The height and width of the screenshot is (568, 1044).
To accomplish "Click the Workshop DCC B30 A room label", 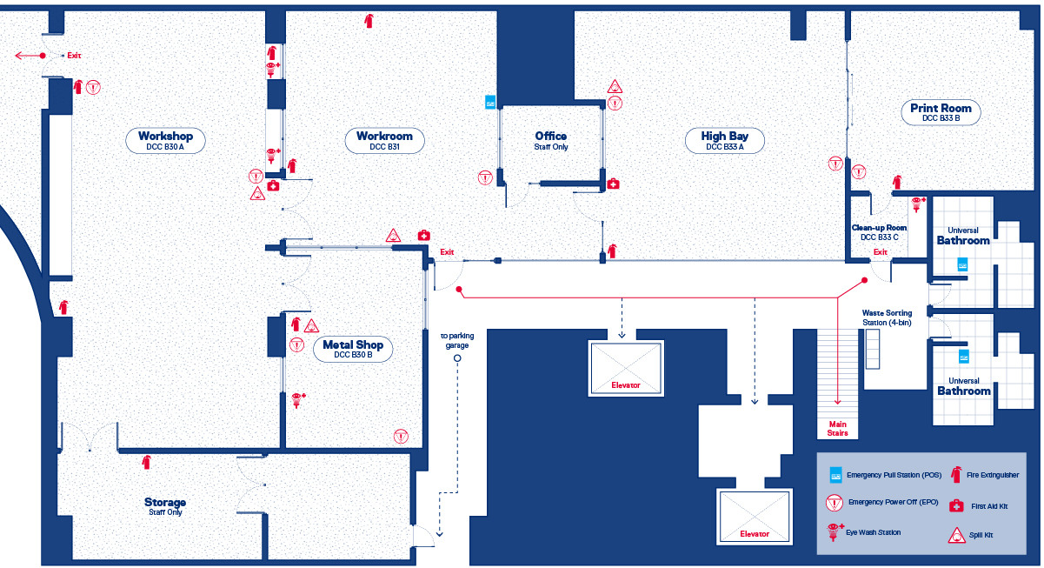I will pos(171,140).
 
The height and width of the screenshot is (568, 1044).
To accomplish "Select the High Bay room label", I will pos(725,140).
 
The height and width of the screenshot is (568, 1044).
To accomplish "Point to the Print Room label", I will pos(941,112).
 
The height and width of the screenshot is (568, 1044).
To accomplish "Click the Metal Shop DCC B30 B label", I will pos(353,349).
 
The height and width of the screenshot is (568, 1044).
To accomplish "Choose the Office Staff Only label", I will pos(550,140).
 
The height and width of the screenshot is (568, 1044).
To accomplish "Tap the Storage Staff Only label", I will pos(165,505).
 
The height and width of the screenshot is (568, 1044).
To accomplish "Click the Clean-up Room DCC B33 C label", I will pos(879,231).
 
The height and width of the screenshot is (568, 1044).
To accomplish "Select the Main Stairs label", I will pos(838,427).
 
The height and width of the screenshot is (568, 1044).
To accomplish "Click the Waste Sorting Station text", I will pos(887,317).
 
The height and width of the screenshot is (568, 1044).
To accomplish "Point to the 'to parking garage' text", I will pos(457,340).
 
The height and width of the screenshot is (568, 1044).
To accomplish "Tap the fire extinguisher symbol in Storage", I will pos(147,461).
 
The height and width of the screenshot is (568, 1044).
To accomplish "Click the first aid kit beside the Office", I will pos(613,184).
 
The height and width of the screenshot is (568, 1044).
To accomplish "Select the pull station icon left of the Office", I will pos(490,102).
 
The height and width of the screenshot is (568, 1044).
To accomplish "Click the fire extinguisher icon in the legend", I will pos(956,474).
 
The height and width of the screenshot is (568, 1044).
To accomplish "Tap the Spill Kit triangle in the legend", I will pos(956,535).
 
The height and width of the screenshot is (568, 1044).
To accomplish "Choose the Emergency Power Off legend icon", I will pos(835,503).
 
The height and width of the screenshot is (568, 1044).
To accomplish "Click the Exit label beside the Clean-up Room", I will pos(880,252).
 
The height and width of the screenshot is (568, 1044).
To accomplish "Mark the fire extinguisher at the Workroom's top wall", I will pos(369,20).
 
